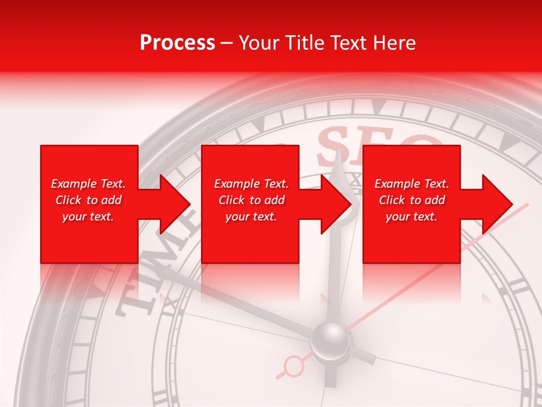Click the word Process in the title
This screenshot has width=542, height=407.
177,43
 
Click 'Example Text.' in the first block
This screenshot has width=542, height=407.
88,184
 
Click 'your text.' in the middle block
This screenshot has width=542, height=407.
251,217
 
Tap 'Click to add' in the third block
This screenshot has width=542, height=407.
412,200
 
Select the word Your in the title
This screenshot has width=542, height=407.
259,43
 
